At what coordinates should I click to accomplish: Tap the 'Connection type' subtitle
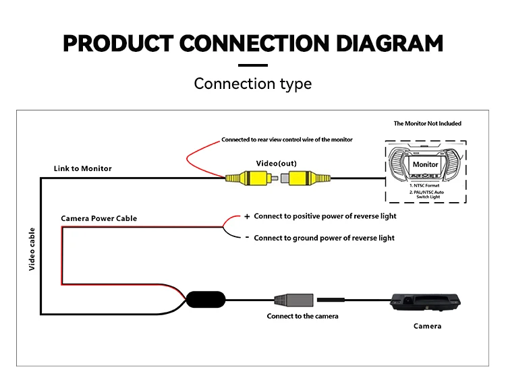click(252, 84)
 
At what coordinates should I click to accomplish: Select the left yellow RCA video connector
click(247, 178)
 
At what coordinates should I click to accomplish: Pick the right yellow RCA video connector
click(309, 178)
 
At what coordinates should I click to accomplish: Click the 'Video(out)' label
click(276, 164)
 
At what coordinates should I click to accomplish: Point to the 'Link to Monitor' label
click(82, 168)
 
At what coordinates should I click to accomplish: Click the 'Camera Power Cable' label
click(99, 218)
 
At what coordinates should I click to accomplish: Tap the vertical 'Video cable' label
click(32, 249)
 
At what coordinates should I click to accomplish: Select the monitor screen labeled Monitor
click(425, 164)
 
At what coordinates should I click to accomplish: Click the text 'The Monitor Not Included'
click(427, 124)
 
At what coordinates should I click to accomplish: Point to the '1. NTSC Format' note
click(424, 185)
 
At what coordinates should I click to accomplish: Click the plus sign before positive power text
click(247, 217)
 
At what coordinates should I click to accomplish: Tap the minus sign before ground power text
click(247, 237)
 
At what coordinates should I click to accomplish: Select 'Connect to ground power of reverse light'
click(324, 238)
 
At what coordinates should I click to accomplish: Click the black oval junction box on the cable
click(205, 300)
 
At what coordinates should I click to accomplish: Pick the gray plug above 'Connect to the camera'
click(295, 300)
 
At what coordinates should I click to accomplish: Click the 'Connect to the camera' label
click(302, 316)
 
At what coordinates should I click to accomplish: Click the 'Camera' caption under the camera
click(427, 326)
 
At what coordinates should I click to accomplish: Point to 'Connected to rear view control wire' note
click(287, 139)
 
